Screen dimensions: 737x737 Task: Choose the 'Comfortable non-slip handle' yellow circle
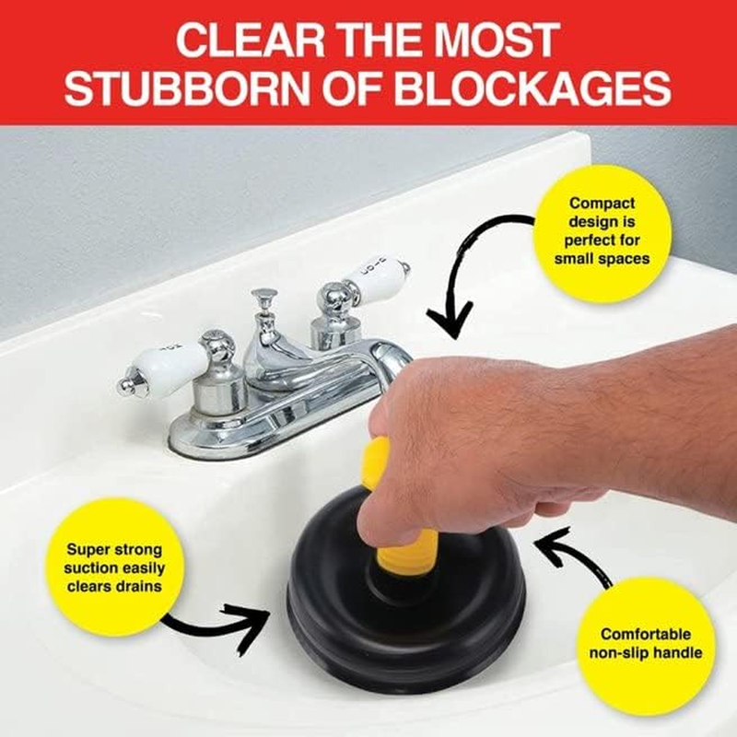coord(645,644)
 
